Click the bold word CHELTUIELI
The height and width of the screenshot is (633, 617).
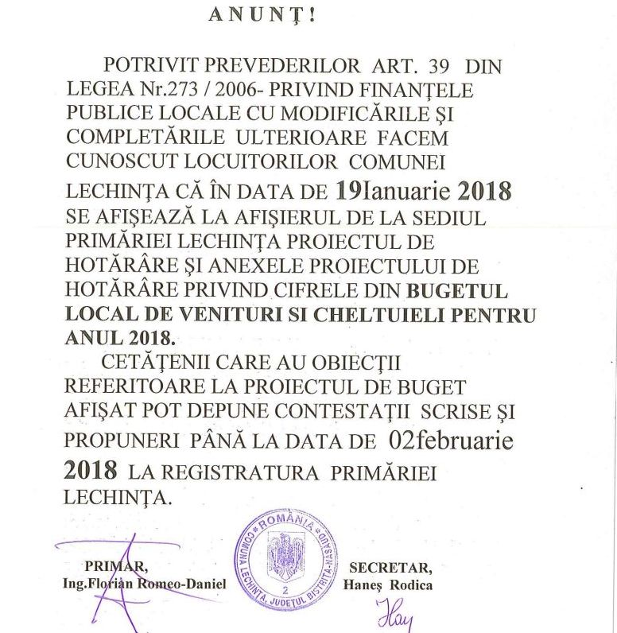[363, 314]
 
